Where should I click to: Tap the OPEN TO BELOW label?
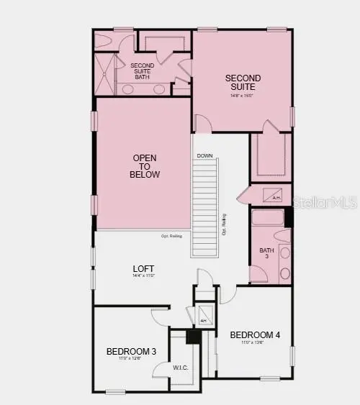click(x=145, y=166)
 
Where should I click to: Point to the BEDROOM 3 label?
click(x=131, y=351)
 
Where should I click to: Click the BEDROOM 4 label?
click(x=255, y=335)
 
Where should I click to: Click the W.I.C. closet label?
click(x=181, y=367)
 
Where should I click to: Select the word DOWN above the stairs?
click(x=204, y=155)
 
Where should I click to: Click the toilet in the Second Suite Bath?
click(x=103, y=42)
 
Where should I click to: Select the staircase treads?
click(x=204, y=208)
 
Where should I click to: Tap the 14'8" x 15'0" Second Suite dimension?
click(x=243, y=95)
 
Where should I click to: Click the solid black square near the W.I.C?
click(x=192, y=336)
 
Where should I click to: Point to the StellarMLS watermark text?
click(x=327, y=204)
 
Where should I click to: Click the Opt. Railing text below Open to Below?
click(x=171, y=236)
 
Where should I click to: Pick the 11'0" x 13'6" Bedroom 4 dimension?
click(x=254, y=343)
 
